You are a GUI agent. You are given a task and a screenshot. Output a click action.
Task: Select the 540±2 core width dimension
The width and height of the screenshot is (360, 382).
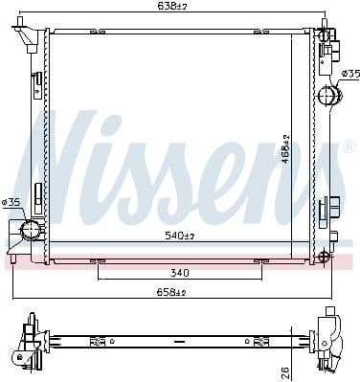click(x=177, y=235)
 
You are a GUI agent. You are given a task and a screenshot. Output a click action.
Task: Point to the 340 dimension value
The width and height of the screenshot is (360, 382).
click(x=178, y=272)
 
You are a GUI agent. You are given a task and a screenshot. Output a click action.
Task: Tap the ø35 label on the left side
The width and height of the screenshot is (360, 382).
click(x=11, y=202)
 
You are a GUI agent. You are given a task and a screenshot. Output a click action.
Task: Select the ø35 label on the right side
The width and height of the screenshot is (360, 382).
click(x=350, y=74)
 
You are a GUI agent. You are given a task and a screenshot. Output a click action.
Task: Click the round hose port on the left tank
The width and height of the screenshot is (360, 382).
click(x=30, y=230)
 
